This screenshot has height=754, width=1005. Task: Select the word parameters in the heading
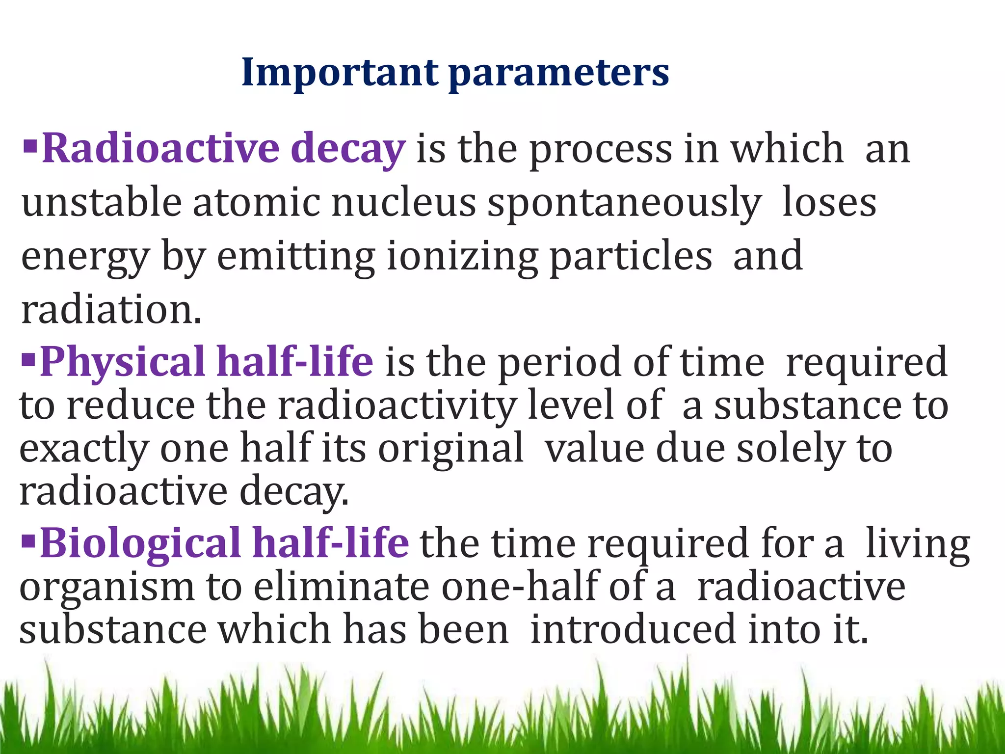(559, 74)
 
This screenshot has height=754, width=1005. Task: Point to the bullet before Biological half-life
(29, 540)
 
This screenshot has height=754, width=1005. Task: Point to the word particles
(631, 256)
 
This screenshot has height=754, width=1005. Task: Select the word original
(450, 449)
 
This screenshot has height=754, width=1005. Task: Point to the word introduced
(634, 629)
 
